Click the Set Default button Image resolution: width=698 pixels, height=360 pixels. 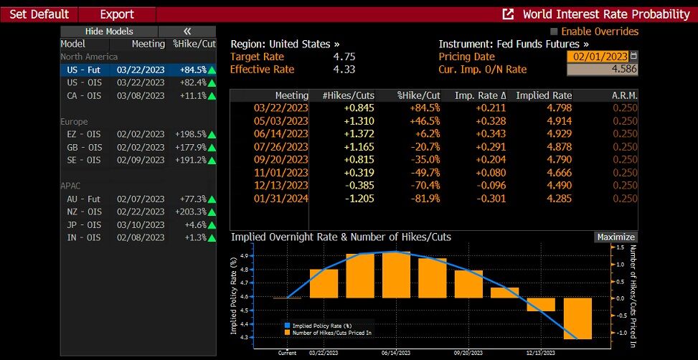click(39, 14)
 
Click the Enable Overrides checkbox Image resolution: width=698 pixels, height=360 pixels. click(554, 32)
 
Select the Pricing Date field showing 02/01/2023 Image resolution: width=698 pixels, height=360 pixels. click(598, 57)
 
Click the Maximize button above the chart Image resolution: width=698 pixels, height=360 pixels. click(616, 237)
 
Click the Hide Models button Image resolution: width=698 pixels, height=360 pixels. click(108, 32)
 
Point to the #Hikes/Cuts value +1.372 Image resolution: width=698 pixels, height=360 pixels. click(359, 133)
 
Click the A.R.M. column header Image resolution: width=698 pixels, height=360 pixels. click(624, 95)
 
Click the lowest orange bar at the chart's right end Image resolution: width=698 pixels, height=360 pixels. click(577, 318)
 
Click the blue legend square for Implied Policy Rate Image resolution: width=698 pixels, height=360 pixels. click(287, 326)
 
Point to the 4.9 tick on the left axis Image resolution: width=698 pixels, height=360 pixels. click(245, 256)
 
